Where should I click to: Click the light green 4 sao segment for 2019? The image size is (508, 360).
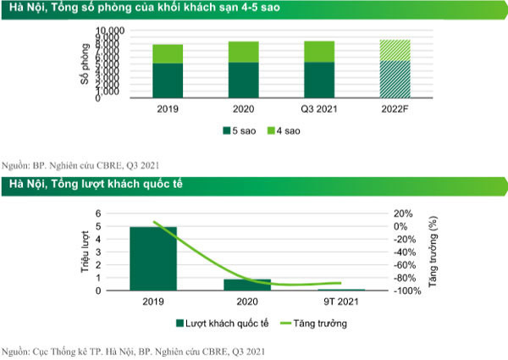pos(168,53)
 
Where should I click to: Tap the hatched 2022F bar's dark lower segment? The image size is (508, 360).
pos(395,79)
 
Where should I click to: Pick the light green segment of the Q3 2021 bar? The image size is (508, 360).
pos(319,51)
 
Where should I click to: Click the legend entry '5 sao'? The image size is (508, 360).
pos(240,131)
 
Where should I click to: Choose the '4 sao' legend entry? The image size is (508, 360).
pos(284,131)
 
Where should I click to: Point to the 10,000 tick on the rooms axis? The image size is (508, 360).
pos(110,31)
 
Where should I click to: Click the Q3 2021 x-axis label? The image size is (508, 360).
pos(319,108)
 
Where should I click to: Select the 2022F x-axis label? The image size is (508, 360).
pos(395,108)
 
